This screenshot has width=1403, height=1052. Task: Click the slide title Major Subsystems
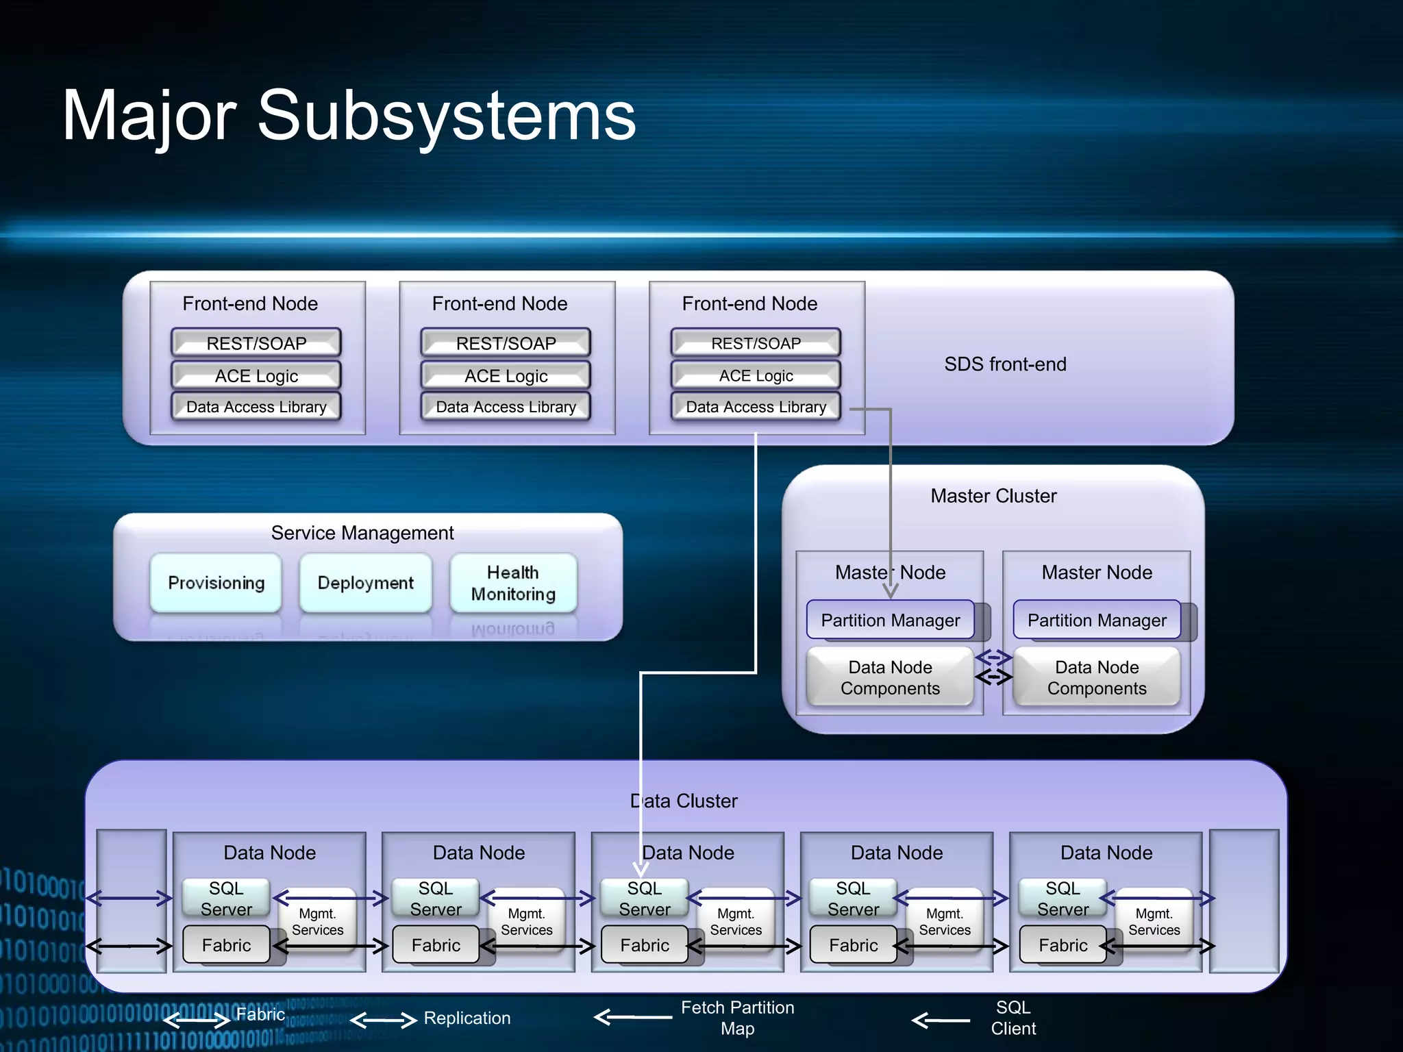(349, 116)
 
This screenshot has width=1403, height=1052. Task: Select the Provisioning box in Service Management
(216, 583)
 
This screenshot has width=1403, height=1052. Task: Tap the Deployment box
(366, 583)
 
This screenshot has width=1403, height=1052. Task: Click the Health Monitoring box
(513, 583)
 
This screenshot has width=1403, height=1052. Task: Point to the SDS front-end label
(1005, 364)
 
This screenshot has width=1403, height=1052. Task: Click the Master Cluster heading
(993, 496)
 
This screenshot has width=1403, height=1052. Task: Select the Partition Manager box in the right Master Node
(1097, 620)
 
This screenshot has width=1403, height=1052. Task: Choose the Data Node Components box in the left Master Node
(890, 677)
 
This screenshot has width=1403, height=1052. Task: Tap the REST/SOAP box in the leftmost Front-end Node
(256, 342)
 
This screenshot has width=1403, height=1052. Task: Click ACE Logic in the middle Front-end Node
(506, 375)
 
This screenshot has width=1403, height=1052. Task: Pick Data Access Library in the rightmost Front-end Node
(756, 407)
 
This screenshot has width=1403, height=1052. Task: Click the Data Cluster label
(684, 801)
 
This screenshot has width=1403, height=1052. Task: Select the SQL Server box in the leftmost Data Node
(226, 898)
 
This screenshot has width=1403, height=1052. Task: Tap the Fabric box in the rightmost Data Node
(1063, 945)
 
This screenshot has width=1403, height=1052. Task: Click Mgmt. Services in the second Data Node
(527, 922)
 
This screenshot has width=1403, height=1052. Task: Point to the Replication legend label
(467, 1018)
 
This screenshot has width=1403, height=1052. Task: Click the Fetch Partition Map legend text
(738, 1018)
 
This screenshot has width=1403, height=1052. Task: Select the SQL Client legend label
(1013, 1018)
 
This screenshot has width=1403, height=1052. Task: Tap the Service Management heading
(362, 533)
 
